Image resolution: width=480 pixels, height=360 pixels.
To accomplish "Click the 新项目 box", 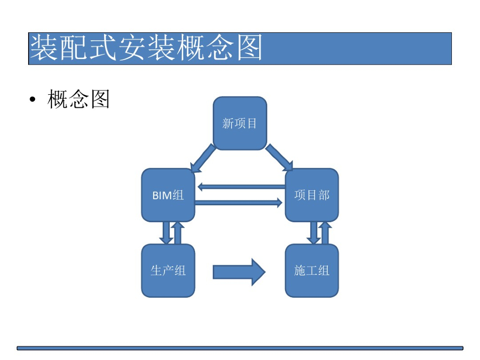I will click(x=240, y=123).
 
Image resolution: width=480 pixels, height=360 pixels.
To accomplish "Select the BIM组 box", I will click(x=168, y=195).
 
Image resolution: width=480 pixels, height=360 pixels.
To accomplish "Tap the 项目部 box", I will click(x=312, y=195).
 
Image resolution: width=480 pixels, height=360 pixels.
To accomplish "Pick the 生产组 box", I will click(x=168, y=270).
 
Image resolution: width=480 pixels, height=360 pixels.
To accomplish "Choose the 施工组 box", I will click(x=312, y=270).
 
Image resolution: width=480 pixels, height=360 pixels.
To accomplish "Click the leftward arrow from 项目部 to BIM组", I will click(x=241, y=187).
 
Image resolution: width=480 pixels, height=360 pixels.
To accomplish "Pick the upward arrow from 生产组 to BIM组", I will click(x=178, y=232).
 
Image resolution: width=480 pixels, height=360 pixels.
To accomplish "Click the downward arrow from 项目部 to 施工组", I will click(x=314, y=232).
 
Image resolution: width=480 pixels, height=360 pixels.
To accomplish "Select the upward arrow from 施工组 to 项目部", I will click(x=325, y=232).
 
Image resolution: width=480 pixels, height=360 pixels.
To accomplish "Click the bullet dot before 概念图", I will click(x=32, y=100).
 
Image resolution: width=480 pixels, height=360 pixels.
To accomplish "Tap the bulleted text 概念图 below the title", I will click(x=79, y=99).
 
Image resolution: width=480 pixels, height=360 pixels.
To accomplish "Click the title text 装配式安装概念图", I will click(x=146, y=48).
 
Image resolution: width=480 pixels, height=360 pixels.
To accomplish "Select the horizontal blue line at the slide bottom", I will click(x=240, y=348).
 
